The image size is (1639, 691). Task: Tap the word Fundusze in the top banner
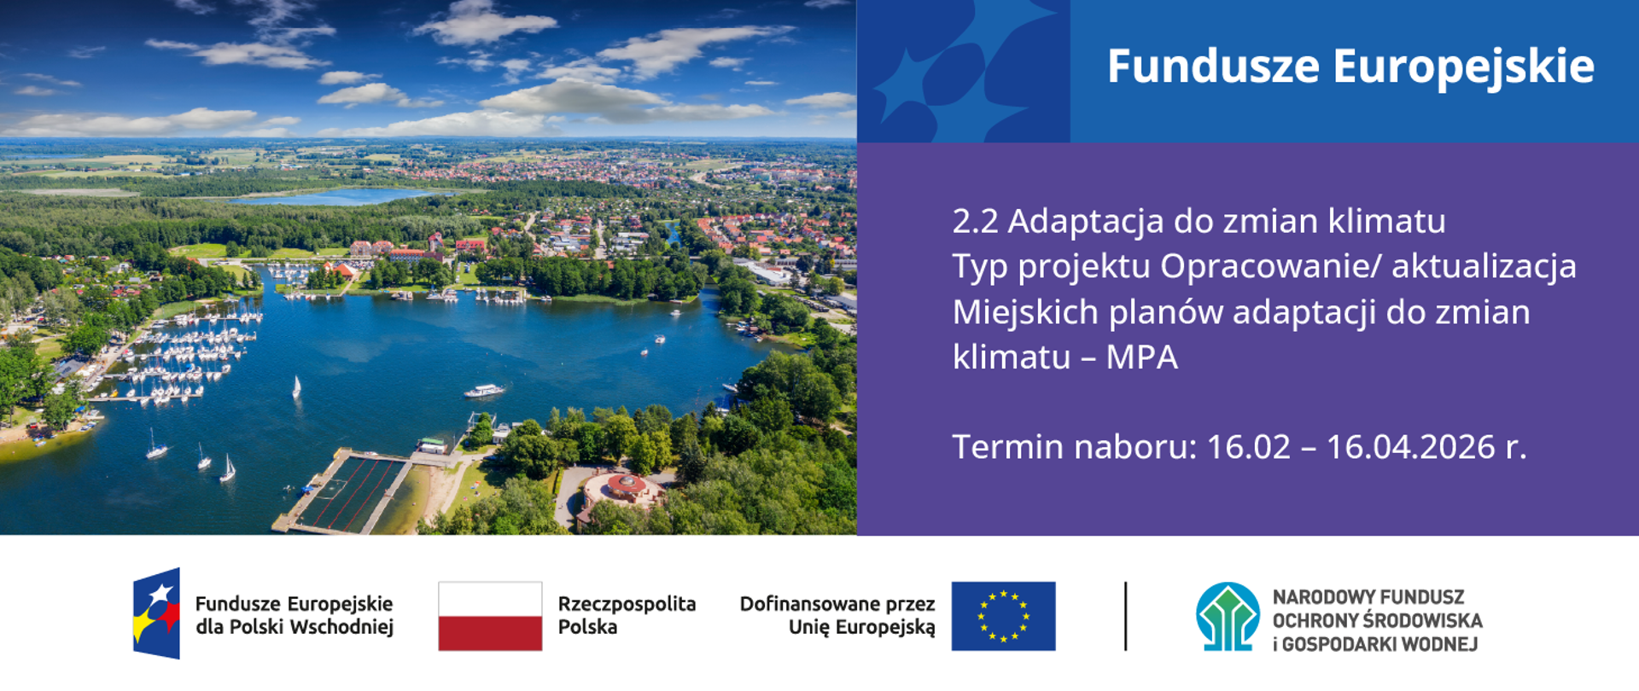[1213, 67]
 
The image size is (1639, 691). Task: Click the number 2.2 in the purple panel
[975, 222]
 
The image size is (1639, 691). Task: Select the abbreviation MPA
[1141, 357]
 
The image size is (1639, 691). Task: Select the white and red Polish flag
[490, 616]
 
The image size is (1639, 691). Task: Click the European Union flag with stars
[1003, 616]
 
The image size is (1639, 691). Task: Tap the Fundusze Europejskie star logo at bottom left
[157, 613]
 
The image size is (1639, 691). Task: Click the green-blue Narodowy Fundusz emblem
[1228, 616]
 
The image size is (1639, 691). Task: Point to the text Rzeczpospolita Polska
[626, 615]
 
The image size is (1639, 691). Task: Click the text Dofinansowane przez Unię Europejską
[837, 615]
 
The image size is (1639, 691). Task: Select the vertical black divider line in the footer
[1126, 616]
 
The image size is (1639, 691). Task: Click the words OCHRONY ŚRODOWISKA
[1377, 620]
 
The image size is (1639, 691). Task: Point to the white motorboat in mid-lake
[484, 391]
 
